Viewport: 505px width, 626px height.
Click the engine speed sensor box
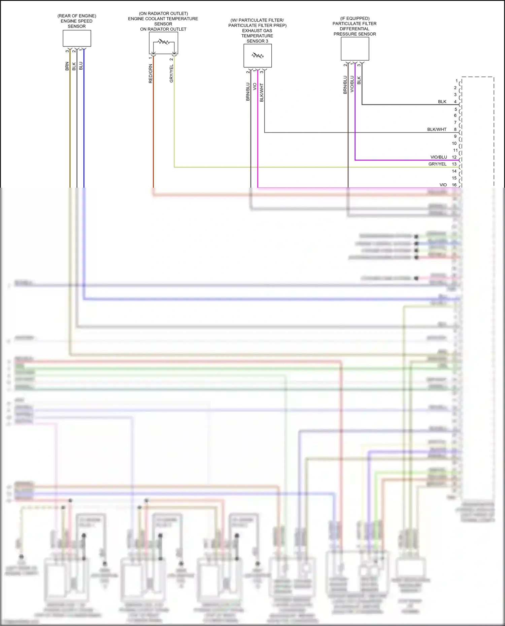[x=77, y=38]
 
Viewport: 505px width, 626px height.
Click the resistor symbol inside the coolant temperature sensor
[x=164, y=42]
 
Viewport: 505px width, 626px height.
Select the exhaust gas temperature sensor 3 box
[x=258, y=56]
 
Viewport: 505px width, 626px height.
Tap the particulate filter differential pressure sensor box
[x=355, y=49]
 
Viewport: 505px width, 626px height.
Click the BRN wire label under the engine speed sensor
[x=67, y=66]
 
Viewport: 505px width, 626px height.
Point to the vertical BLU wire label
[x=81, y=66]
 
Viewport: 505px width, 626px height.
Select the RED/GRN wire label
[x=150, y=74]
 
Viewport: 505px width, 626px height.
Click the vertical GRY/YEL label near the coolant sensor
[x=171, y=74]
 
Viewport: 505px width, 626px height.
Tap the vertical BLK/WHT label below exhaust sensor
[x=262, y=93]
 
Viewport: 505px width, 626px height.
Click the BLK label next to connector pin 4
[x=442, y=102]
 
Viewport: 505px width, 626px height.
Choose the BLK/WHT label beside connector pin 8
[x=437, y=130]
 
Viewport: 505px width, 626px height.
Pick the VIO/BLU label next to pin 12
[x=439, y=157]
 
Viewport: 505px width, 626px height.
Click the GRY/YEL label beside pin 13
[x=437, y=164]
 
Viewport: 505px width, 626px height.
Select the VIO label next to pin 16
[x=443, y=185]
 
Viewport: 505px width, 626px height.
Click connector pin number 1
[x=457, y=81]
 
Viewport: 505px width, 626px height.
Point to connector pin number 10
[x=454, y=143]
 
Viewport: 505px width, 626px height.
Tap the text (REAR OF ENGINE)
[x=77, y=16]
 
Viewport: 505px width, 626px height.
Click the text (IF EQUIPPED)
[x=355, y=19]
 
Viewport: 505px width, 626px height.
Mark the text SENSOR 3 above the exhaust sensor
[x=257, y=41]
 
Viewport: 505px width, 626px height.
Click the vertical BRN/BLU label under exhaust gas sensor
[x=248, y=91]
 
